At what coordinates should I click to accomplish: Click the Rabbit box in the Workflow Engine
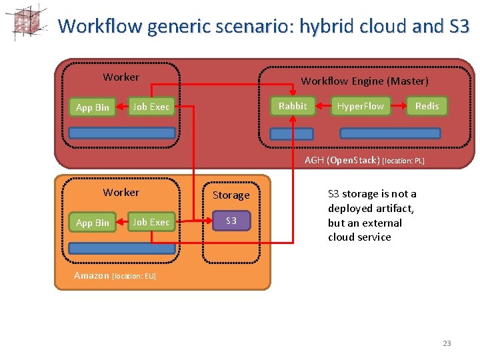293,106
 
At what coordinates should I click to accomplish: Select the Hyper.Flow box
360,107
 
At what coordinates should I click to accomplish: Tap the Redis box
427,106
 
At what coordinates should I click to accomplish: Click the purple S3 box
231,221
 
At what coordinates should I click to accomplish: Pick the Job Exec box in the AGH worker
151,107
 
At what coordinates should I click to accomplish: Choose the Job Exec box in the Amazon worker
151,222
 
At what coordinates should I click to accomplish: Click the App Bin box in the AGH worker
93,107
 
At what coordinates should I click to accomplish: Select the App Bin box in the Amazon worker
93,223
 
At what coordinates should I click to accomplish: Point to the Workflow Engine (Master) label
364,81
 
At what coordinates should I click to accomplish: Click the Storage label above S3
231,195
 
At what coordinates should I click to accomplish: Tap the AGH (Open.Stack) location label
364,160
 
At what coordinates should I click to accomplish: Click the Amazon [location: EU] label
115,276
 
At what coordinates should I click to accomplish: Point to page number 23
447,343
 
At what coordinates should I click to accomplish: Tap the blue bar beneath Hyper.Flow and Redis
390,133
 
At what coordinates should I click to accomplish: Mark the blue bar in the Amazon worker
122,248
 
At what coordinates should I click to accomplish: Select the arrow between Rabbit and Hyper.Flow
322,106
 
